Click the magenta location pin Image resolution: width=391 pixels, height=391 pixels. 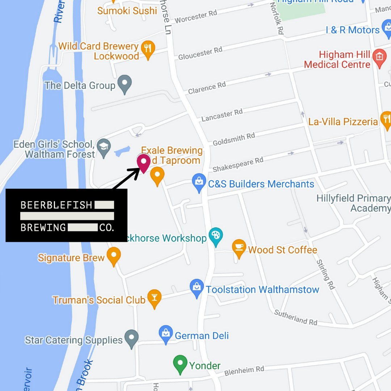(144, 163)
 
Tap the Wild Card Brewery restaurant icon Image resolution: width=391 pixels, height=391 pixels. (147, 50)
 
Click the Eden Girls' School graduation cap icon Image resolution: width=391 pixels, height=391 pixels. (104, 147)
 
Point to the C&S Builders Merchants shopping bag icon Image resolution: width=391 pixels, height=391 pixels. (199, 182)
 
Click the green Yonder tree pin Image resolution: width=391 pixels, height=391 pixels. (180, 363)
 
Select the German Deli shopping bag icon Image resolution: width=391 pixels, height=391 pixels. (165, 334)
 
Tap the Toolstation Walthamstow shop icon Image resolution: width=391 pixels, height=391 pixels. (197, 288)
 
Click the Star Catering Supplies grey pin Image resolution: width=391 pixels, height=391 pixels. (131, 338)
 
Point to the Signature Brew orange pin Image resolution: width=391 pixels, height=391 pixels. (114, 256)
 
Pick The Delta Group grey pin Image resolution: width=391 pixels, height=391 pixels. (125, 84)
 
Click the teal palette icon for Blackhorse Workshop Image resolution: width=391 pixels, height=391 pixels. (216, 236)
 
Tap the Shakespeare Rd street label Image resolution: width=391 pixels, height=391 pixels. (238, 164)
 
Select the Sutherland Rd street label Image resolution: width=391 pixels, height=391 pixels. (295, 317)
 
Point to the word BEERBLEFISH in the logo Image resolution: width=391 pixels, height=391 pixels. (56, 205)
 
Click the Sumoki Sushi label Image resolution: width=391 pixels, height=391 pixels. (127, 11)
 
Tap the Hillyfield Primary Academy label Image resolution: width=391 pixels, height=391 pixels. (354, 203)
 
